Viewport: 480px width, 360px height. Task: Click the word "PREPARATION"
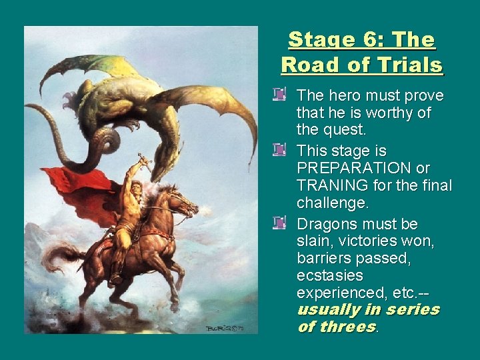[363, 168]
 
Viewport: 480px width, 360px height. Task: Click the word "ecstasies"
[330, 275]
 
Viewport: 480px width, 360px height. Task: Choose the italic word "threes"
[347, 327]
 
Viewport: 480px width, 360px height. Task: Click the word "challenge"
[331, 203]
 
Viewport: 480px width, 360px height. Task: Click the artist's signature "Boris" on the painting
[217, 328]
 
